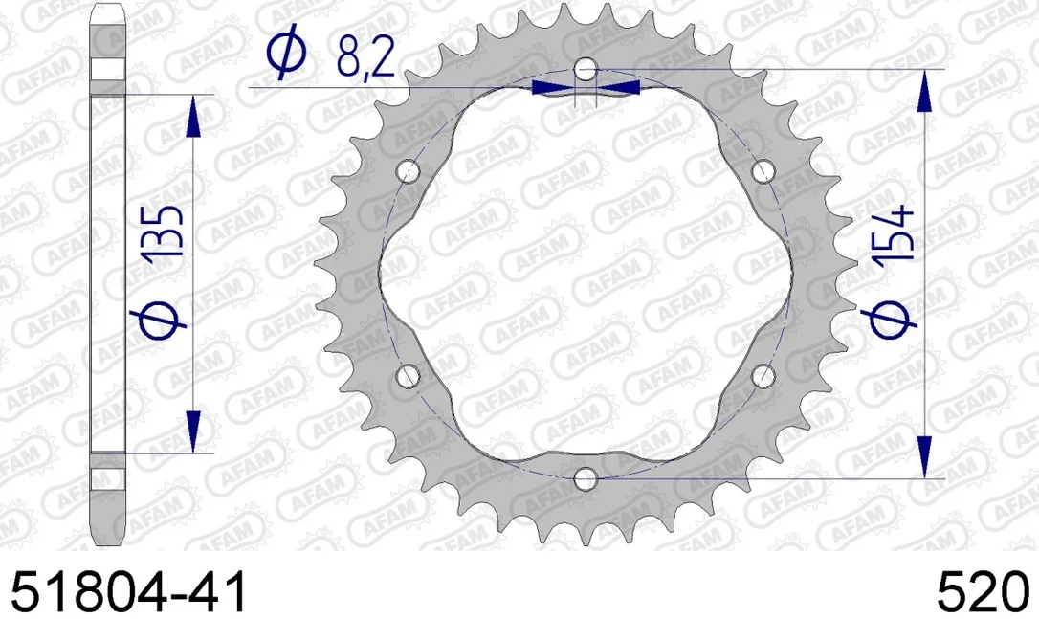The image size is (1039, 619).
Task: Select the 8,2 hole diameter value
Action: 365,57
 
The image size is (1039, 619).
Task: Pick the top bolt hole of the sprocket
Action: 586,69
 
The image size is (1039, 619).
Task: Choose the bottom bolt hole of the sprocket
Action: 586,477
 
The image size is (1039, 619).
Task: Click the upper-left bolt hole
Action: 409,171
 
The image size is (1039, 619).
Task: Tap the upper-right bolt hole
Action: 763,171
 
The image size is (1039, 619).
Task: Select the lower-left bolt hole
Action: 409,376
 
